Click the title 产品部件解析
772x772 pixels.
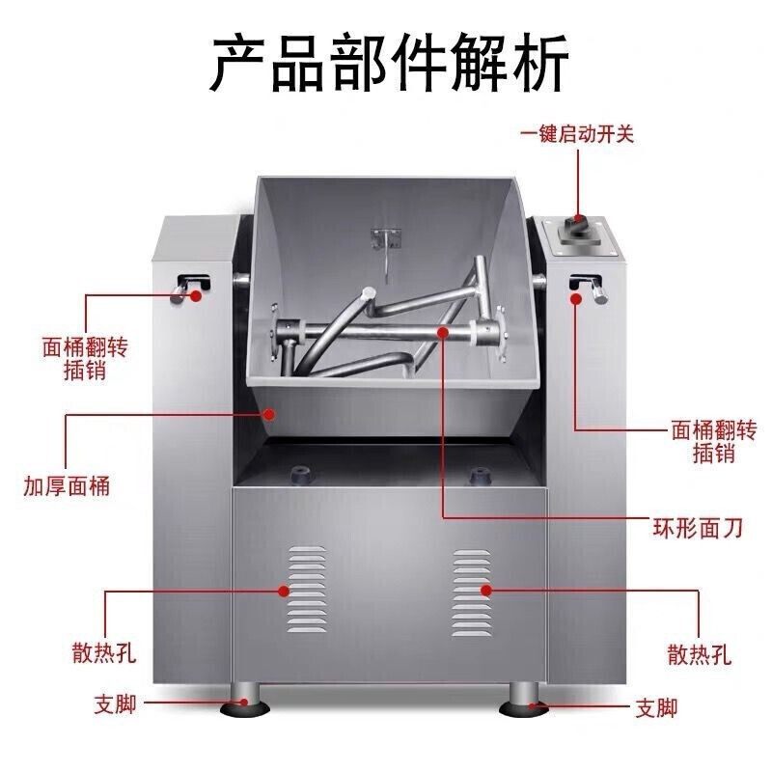point(389,62)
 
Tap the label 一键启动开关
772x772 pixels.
point(576,134)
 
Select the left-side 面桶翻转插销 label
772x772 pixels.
point(85,358)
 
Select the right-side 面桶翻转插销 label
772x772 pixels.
point(714,442)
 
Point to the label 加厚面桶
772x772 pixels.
point(67,486)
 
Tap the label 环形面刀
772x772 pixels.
point(697,528)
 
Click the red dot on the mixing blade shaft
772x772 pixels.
point(443,333)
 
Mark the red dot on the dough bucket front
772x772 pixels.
point(268,414)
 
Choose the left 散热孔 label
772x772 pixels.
point(104,653)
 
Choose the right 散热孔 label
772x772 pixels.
point(699,654)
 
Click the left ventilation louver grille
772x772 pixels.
point(307,589)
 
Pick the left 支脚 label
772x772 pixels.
point(115,704)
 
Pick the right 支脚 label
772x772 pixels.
point(656,708)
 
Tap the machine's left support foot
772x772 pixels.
point(245,701)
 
